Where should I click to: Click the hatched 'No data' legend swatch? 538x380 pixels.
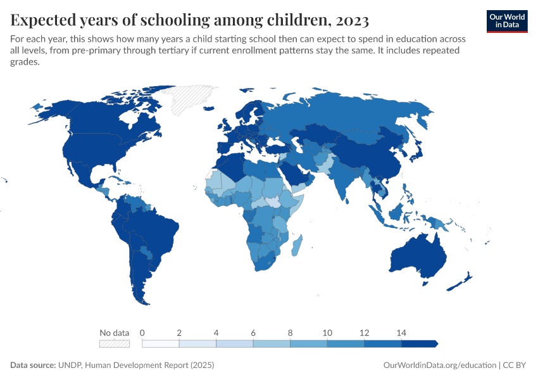(115, 343)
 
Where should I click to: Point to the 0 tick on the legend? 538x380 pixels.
(142, 332)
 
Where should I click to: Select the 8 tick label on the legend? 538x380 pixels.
(291, 332)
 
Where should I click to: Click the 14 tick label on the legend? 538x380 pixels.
(401, 332)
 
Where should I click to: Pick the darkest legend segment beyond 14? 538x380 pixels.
(419, 343)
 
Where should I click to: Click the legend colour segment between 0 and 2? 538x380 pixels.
(161, 343)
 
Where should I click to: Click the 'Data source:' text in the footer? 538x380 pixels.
(34, 365)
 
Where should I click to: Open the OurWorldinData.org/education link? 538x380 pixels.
(440, 365)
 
